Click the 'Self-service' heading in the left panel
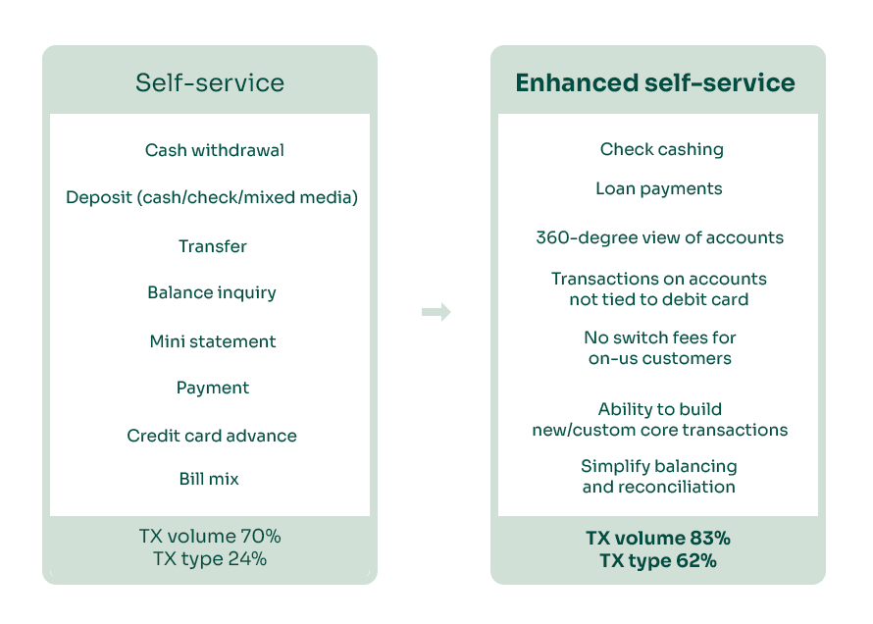coord(210,82)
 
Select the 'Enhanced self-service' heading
coord(655,82)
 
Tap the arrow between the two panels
coord(436,312)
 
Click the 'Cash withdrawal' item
coord(215,150)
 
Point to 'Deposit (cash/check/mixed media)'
coord(212,197)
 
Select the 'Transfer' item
coord(212,246)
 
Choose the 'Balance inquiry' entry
coord(212,292)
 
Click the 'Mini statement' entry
coord(213,341)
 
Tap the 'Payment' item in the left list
coord(213,388)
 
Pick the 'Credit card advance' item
coord(212,435)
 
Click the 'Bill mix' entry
coord(209,479)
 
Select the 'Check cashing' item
coord(661,149)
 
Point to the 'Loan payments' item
coord(658,188)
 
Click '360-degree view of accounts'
coord(659,237)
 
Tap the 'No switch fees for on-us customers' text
coord(660,347)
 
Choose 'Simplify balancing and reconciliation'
coord(658,476)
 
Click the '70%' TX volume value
coord(261,537)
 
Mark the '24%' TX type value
coord(246,559)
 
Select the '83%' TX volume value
coord(709,538)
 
